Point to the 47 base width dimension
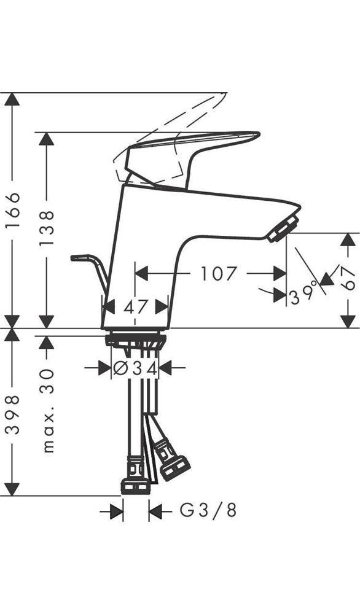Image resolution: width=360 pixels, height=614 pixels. pyautogui.click(x=135, y=306)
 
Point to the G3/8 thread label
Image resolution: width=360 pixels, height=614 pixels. pyautogui.click(x=208, y=510)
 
